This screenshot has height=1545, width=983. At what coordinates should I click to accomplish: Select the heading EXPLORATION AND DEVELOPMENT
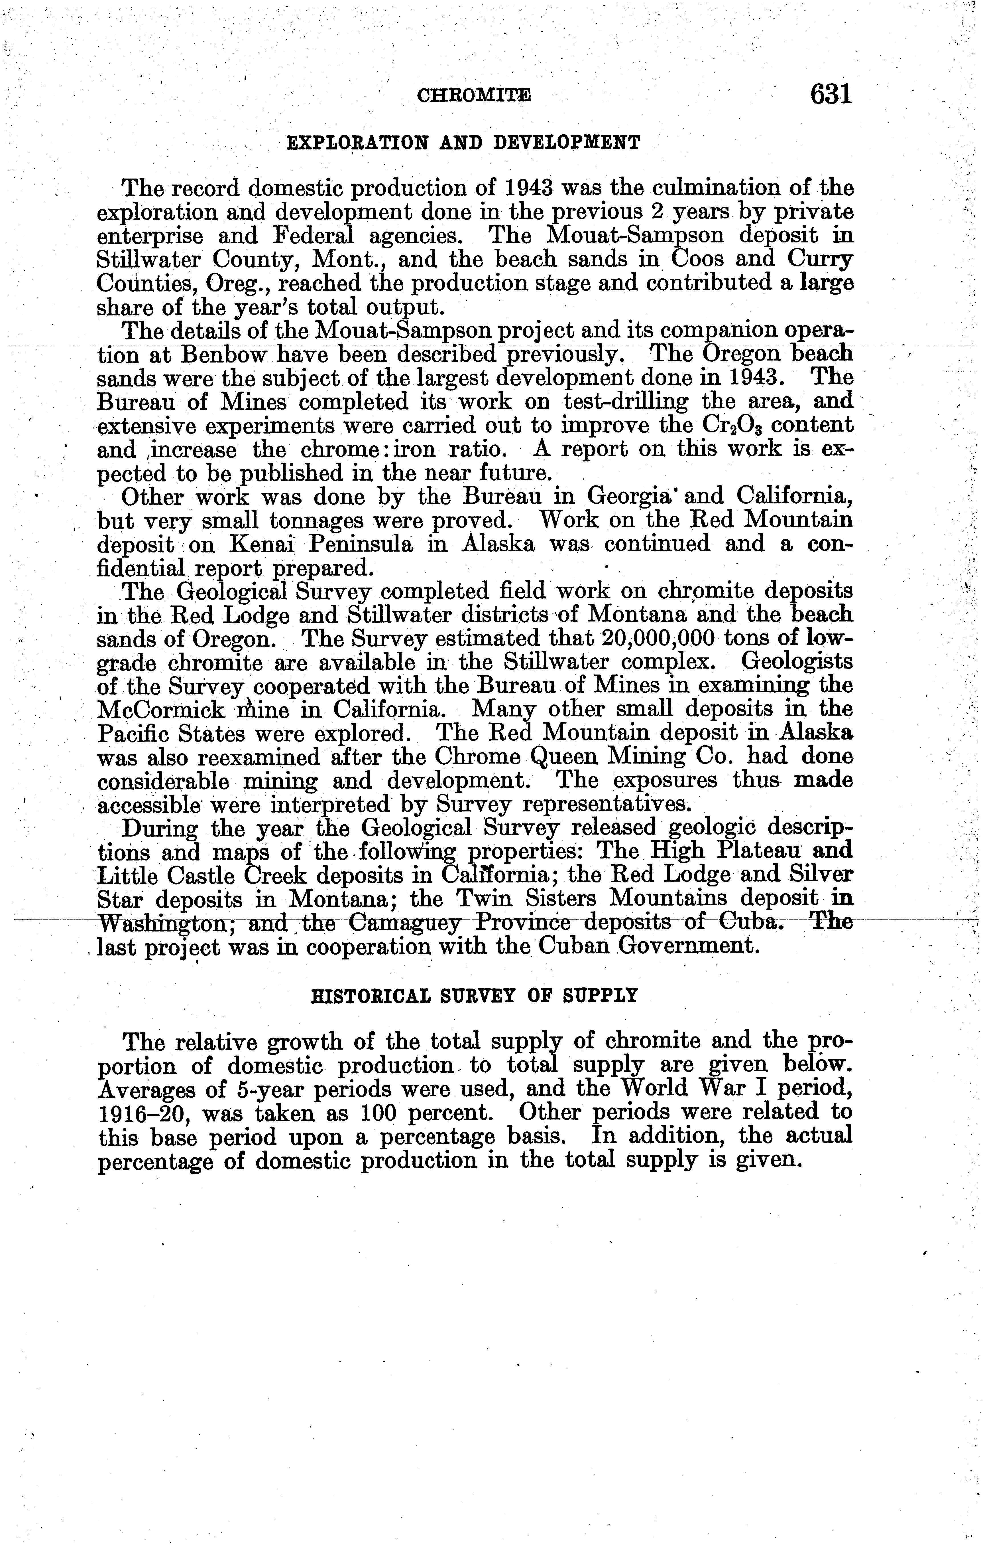pos(463,142)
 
